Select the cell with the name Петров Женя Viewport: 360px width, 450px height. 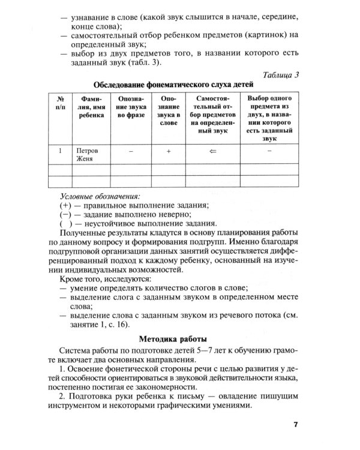pyautogui.click(x=86, y=155)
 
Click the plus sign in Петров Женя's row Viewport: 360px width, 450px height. pyautogui.click(x=169, y=151)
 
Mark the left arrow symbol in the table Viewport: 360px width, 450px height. pyautogui.click(x=212, y=151)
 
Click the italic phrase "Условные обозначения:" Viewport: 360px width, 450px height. pyautogui.click(x=100, y=196)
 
